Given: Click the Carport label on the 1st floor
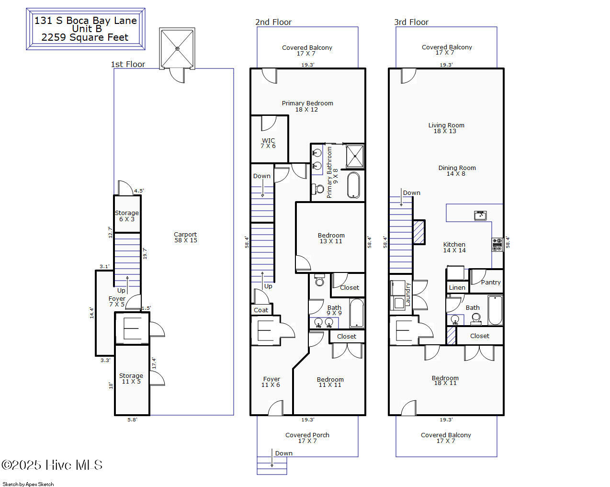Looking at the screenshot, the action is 185,237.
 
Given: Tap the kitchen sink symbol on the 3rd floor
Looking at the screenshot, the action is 480,215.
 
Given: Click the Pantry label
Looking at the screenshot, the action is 491,283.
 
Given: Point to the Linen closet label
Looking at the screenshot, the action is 457,287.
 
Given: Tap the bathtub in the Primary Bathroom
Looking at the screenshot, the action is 353,185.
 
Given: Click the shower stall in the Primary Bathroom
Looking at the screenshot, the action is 355,156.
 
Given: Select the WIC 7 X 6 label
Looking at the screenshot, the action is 268,143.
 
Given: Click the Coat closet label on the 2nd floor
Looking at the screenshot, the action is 261,310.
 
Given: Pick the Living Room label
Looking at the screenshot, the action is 446,128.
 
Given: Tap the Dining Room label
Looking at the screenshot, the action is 457,170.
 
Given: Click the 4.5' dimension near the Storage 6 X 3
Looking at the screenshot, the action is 139,191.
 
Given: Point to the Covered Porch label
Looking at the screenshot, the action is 307,438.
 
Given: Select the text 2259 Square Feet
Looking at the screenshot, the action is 85,37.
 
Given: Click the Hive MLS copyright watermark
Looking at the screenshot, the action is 52,465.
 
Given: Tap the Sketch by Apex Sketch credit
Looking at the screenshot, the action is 28,484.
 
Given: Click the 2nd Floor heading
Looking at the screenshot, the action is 273,22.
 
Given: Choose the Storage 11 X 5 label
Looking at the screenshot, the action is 131,378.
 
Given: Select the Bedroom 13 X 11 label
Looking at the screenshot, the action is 331,238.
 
